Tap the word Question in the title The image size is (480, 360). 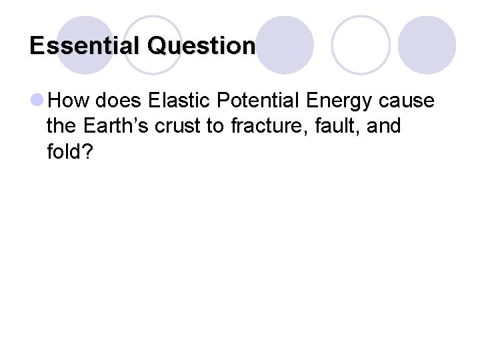click(202, 46)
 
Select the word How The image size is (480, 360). click(70, 101)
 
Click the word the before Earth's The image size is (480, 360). click(62, 126)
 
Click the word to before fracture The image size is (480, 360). click(219, 127)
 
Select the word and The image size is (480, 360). click(383, 126)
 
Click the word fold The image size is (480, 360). click(65, 151)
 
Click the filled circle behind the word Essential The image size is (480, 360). click(85, 41)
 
